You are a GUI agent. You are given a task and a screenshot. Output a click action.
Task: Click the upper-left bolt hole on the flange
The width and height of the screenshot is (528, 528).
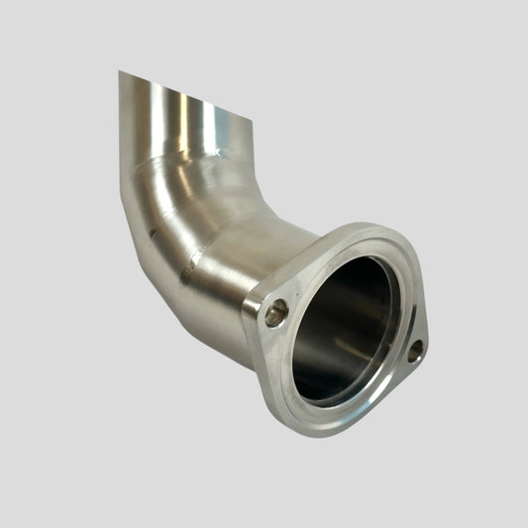[276, 314]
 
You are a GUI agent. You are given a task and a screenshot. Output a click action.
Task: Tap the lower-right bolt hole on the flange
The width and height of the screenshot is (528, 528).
[414, 350]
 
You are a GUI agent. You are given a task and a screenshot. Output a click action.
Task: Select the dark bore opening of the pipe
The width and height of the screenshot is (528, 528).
[342, 327]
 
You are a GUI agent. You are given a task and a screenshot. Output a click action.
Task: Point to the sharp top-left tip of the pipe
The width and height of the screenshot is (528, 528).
[119, 71]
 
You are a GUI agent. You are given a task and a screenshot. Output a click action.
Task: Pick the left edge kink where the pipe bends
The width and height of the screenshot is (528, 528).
[122, 188]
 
